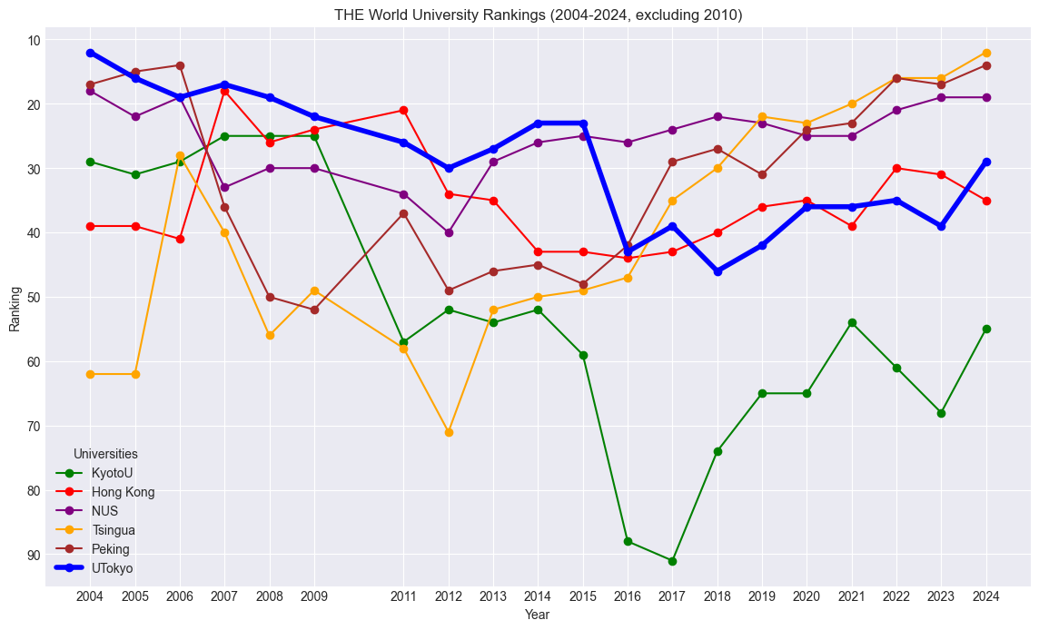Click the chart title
click(538, 15)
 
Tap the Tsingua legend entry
click(114, 530)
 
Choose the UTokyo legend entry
click(112, 568)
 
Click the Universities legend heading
click(105, 453)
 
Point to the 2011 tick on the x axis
click(403, 596)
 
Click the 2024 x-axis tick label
click(986, 596)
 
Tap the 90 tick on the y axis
click(34, 555)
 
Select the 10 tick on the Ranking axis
click(34, 40)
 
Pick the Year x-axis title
click(538, 615)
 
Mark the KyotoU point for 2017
click(672, 561)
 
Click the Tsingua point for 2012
click(449, 432)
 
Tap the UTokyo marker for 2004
click(90, 53)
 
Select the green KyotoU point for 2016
click(628, 541)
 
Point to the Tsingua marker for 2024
click(986, 53)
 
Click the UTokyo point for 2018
click(717, 271)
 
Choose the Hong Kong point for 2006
click(180, 239)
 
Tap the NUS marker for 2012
click(449, 232)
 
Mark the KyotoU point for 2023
click(941, 413)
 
